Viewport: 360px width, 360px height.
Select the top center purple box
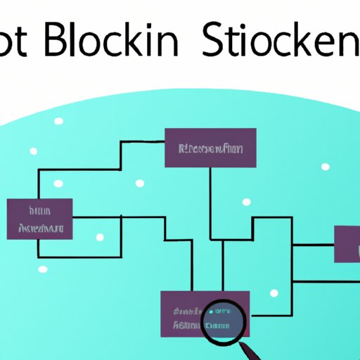[x=210, y=148]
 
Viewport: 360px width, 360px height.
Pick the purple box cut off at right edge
[x=347, y=244]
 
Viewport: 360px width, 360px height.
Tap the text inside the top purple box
[x=210, y=149]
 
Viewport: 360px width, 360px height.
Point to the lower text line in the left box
[x=41, y=228]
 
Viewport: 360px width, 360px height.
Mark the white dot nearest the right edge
[x=325, y=167]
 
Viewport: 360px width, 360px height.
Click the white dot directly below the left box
[x=43, y=269]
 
